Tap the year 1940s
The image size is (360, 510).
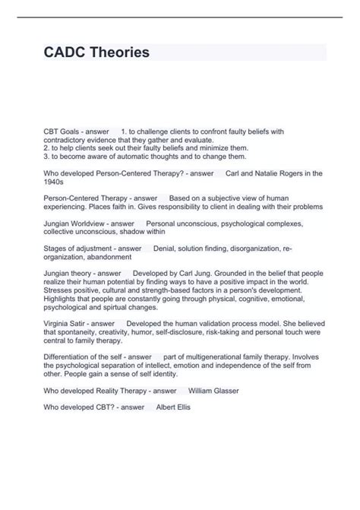tap(55, 182)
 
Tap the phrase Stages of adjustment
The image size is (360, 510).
tap(78, 249)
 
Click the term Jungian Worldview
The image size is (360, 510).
tap(77, 223)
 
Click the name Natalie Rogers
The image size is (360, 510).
tap(276, 174)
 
